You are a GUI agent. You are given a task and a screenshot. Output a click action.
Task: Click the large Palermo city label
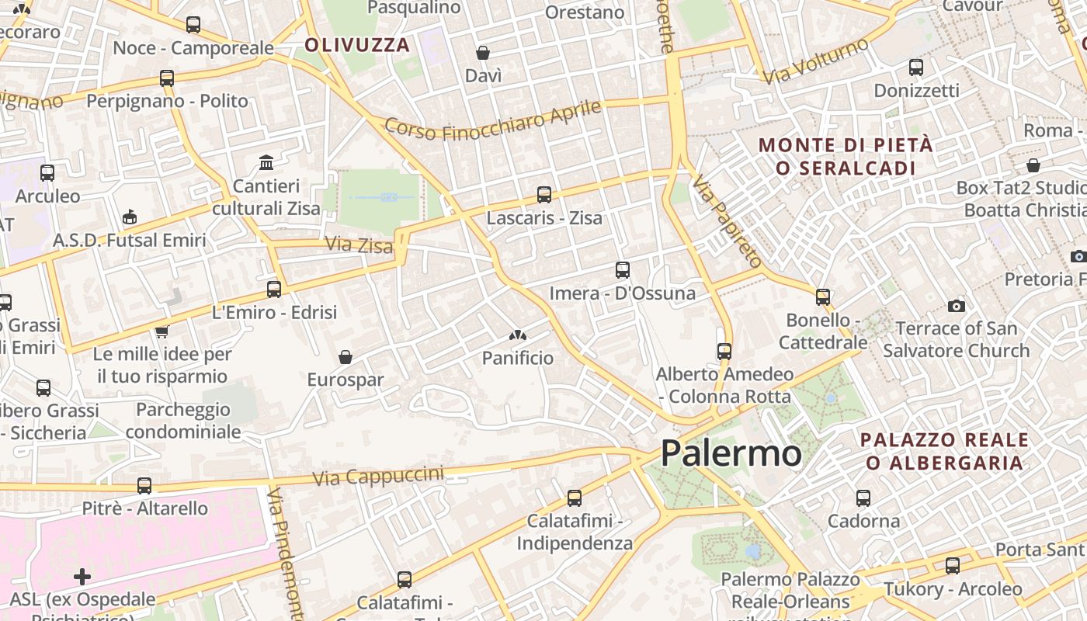click(731, 453)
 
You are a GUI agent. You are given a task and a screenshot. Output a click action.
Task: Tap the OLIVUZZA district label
click(356, 44)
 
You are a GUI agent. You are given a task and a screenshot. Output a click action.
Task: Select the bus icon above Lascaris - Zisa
click(544, 195)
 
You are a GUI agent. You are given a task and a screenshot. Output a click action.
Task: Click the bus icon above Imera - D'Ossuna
click(623, 270)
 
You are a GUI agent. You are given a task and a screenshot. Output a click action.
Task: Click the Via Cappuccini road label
click(378, 476)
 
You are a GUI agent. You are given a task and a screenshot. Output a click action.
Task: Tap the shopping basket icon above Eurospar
click(346, 357)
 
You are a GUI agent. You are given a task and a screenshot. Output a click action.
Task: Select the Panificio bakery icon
click(517, 335)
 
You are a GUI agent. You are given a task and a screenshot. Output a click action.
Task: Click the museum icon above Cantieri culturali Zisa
click(266, 163)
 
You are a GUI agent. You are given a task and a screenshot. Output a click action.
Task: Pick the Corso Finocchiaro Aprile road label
click(493, 122)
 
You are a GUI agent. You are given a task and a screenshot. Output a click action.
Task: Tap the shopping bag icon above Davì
click(483, 53)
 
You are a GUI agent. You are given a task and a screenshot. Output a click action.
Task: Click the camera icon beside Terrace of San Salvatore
click(957, 307)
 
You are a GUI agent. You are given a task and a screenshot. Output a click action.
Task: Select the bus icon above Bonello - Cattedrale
click(823, 297)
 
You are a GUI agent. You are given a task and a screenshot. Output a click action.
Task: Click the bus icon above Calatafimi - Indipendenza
click(575, 498)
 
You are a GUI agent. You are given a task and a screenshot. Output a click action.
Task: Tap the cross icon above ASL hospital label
click(82, 577)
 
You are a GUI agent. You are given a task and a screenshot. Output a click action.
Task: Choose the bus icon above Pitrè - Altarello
click(144, 486)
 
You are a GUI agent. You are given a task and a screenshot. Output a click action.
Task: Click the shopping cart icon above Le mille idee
click(161, 332)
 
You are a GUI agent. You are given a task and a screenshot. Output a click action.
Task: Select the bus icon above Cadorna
click(863, 498)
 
